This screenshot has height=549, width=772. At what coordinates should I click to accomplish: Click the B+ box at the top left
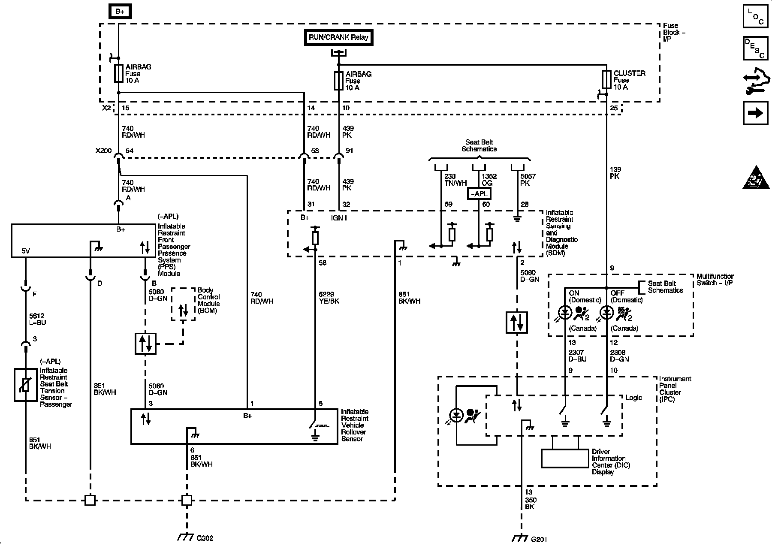click(120, 12)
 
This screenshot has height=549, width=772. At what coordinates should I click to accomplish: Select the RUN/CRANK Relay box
click(338, 37)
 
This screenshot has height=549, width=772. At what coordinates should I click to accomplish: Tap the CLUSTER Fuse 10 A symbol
click(606, 79)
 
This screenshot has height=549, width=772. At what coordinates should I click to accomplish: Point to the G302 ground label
click(205, 538)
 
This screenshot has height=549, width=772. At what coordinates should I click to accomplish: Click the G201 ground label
click(539, 538)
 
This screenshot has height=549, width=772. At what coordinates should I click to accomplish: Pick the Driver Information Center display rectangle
click(565, 459)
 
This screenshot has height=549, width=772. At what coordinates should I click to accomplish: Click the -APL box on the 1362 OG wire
click(479, 194)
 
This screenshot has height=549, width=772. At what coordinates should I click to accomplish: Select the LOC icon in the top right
click(755, 17)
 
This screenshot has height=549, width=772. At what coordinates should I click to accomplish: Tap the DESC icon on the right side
click(755, 48)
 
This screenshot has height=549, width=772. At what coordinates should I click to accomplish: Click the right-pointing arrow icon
click(755, 113)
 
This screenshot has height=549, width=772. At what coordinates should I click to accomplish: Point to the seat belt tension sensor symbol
click(25, 385)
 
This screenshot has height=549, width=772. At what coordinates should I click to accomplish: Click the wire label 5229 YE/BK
click(329, 298)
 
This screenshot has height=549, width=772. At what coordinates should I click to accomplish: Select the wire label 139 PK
click(615, 173)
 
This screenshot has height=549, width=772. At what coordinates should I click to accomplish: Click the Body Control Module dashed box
click(183, 304)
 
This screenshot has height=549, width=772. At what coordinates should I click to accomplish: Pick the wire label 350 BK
click(530, 503)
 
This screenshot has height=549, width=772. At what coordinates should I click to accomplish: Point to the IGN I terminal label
click(339, 217)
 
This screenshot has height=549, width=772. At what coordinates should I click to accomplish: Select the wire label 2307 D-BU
click(578, 356)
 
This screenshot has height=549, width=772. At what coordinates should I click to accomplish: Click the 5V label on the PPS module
click(26, 251)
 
